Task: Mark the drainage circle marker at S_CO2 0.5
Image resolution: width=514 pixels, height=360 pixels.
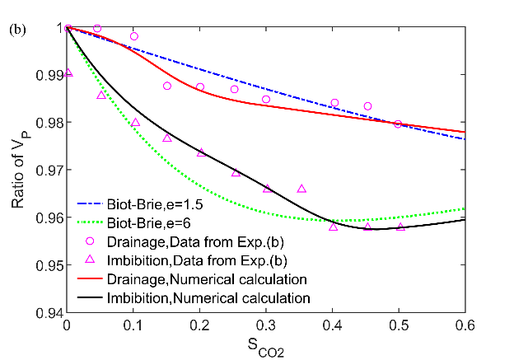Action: coord(398,124)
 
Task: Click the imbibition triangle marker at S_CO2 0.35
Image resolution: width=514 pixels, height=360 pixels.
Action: coord(301,189)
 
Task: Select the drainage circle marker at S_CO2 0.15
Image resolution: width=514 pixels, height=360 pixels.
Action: coord(167,86)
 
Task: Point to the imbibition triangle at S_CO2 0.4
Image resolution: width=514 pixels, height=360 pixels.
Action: coord(333,226)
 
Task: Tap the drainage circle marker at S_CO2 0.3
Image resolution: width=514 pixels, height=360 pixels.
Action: coord(266,99)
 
